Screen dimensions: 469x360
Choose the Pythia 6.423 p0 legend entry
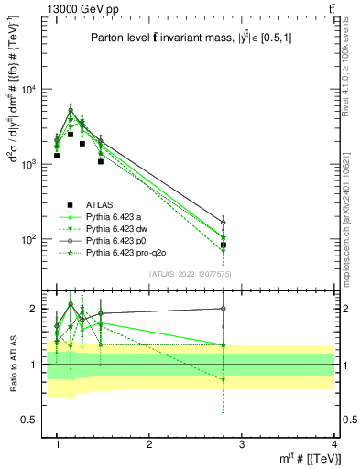(119, 240)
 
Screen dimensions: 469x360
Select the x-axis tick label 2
(149, 443)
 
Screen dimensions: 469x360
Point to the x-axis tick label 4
(334, 443)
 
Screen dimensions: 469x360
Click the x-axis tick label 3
(242, 443)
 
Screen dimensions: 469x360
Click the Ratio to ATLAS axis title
(13, 364)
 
